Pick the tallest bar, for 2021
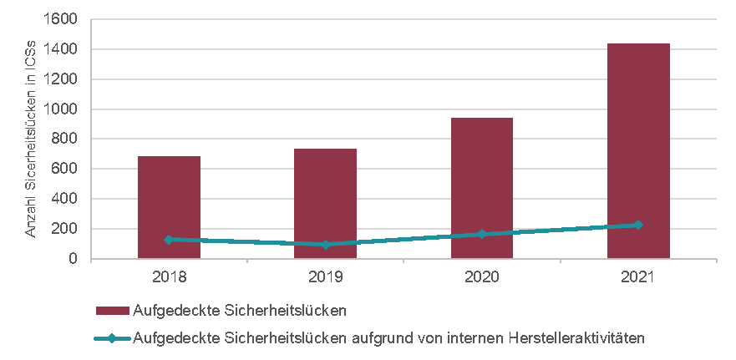(x=638, y=150)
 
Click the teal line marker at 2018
(x=169, y=240)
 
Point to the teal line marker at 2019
(x=325, y=245)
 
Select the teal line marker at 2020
(x=481, y=234)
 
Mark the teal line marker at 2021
(x=638, y=225)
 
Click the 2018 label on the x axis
(x=169, y=276)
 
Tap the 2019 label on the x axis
(x=325, y=276)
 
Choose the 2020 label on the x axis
(x=481, y=276)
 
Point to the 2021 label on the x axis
(x=638, y=276)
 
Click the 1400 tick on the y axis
(x=64, y=49)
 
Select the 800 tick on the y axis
(x=68, y=139)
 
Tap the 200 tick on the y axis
(x=68, y=229)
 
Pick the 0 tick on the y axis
(x=74, y=259)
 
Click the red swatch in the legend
(x=113, y=311)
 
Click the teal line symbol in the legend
(x=113, y=337)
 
